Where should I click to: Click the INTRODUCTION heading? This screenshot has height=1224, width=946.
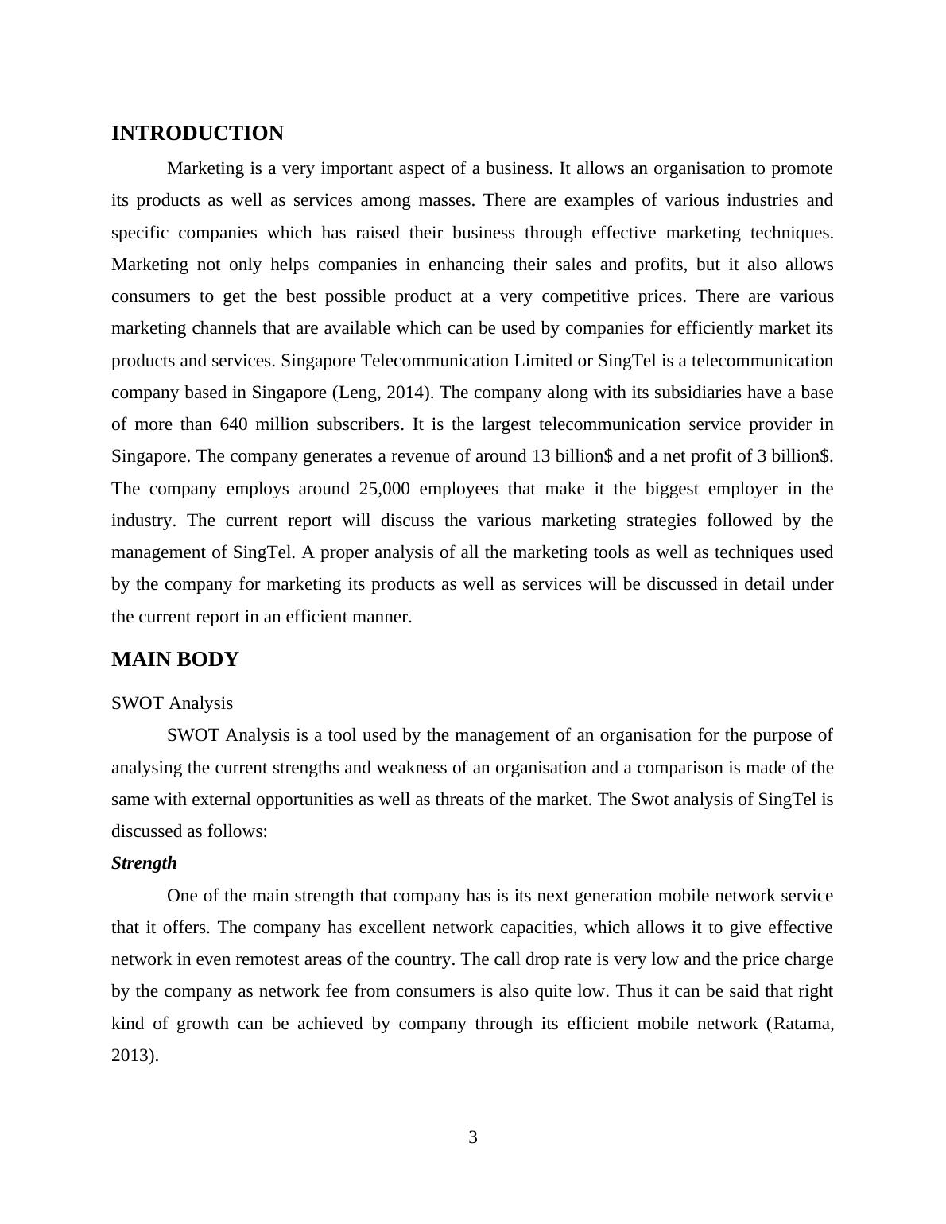coord(197,134)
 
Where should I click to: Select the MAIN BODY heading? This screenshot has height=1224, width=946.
coord(175,660)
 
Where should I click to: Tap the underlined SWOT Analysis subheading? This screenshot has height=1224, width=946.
coord(172,703)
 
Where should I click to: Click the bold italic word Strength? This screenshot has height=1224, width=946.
coord(144,863)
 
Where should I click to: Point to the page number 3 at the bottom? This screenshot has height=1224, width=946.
coord(473,1137)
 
